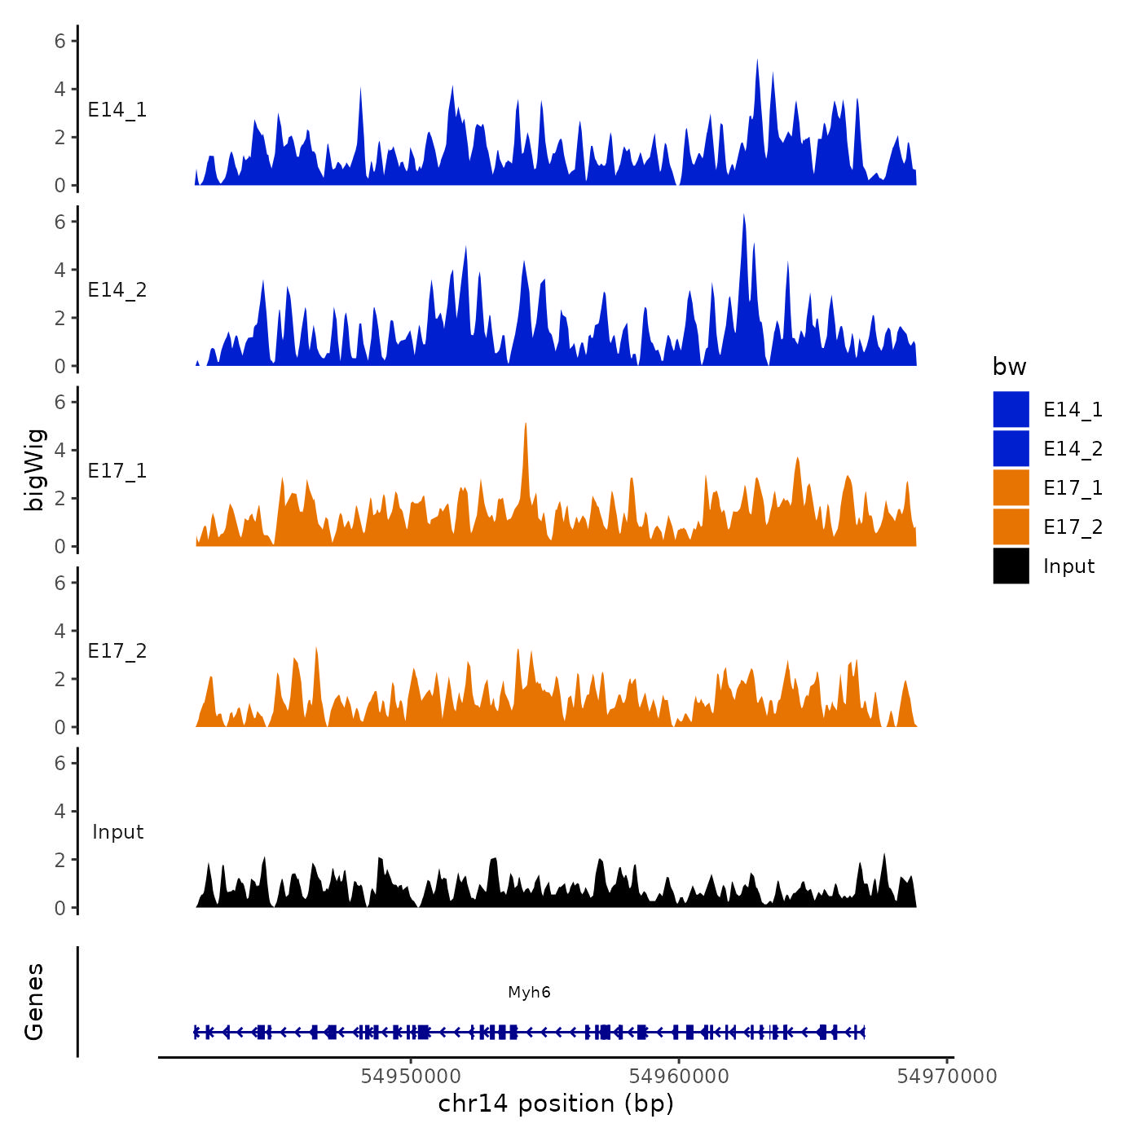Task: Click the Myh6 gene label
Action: click(x=529, y=992)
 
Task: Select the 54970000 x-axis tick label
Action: click(x=947, y=1077)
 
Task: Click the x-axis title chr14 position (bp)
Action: click(x=556, y=1104)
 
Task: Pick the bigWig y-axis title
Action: click(x=34, y=470)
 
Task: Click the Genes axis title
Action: click(x=34, y=1002)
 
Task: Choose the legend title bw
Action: click(x=1009, y=367)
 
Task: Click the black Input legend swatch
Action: click(x=1011, y=566)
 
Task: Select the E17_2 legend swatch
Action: click(x=1011, y=526)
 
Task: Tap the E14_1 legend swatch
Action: click(x=1011, y=409)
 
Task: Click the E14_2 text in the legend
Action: click(x=1073, y=449)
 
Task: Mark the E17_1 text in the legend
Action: click(x=1073, y=488)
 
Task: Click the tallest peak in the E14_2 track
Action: click(x=743, y=215)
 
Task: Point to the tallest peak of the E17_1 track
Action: click(x=526, y=424)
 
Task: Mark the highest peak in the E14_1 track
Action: click(x=757, y=60)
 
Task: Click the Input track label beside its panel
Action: click(x=118, y=832)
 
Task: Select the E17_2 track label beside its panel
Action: click(x=117, y=651)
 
